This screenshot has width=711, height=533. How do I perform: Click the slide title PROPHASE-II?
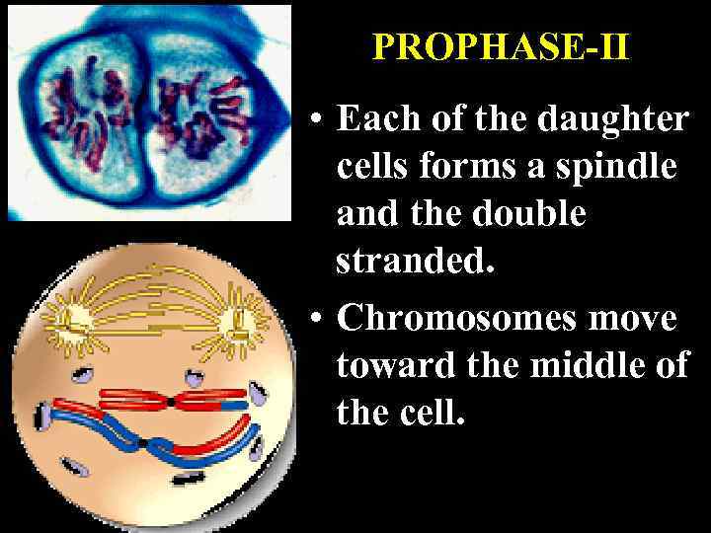coord(500,47)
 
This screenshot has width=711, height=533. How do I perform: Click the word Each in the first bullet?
coord(375,119)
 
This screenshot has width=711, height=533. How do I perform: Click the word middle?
coord(586,365)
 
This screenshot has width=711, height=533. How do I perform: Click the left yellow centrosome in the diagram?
coord(73,318)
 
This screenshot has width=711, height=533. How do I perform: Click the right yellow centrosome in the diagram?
coord(237,321)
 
